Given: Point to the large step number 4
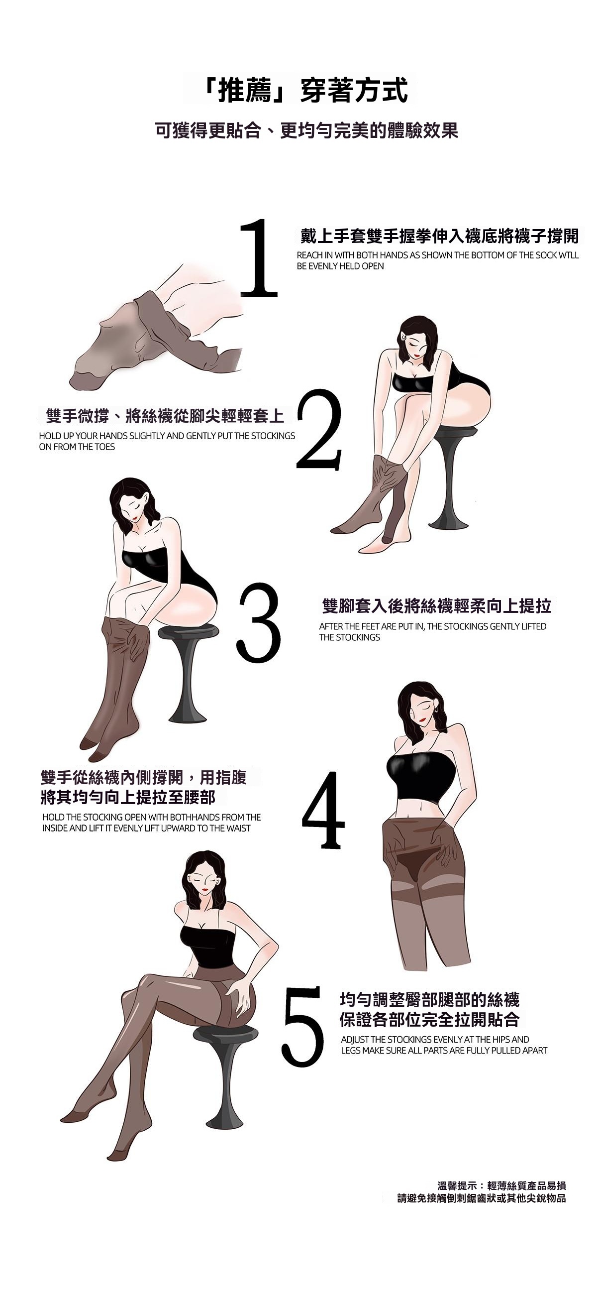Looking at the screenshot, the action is tap(324, 811).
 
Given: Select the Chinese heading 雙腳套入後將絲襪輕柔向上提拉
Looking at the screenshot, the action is tap(436, 606).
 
